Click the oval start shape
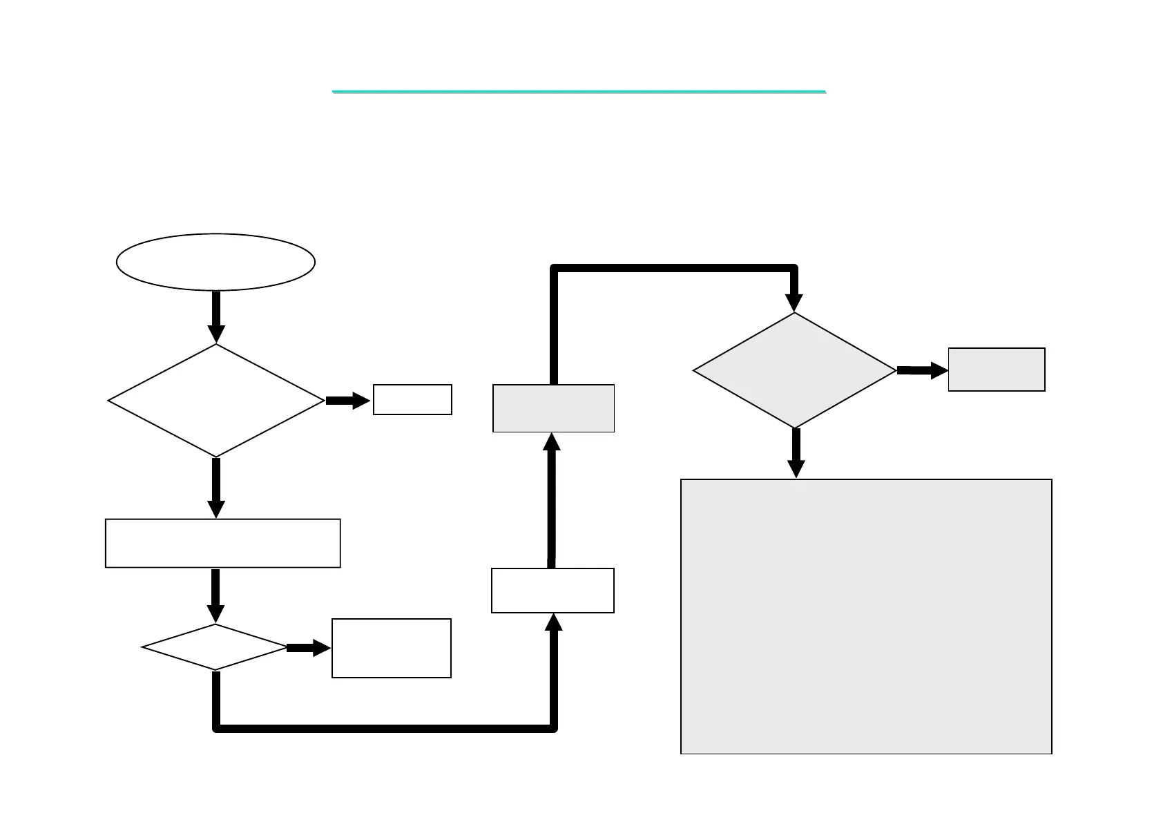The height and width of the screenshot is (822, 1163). click(x=215, y=262)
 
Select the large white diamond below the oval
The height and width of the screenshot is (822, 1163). click(x=215, y=400)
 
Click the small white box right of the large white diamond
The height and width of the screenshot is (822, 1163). click(x=412, y=399)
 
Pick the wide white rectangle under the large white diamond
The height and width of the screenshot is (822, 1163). click(x=222, y=543)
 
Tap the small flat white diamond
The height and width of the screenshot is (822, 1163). click(x=215, y=647)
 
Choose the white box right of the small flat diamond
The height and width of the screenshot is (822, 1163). click(x=391, y=648)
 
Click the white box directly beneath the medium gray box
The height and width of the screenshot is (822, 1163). click(x=552, y=590)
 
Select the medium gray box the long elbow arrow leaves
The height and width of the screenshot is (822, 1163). click(x=553, y=408)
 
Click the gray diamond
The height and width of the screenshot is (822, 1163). click(x=794, y=370)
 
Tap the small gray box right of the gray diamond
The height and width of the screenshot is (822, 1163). click(x=996, y=370)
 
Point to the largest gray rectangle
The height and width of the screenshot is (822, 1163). click(x=866, y=616)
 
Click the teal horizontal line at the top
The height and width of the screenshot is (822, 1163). click(x=579, y=91)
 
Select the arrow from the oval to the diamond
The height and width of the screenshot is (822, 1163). click(x=216, y=316)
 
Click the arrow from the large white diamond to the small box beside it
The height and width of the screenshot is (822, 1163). click(x=347, y=400)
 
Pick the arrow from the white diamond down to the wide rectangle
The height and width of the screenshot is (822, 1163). click(x=216, y=488)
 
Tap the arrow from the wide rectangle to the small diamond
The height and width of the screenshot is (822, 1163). click(x=215, y=595)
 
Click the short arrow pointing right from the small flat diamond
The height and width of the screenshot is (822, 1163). click(x=308, y=647)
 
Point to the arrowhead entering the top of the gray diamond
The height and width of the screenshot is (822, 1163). click(x=794, y=301)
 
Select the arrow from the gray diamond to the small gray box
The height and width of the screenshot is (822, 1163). click(x=922, y=371)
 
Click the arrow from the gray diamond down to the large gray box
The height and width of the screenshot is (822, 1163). click(x=796, y=453)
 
